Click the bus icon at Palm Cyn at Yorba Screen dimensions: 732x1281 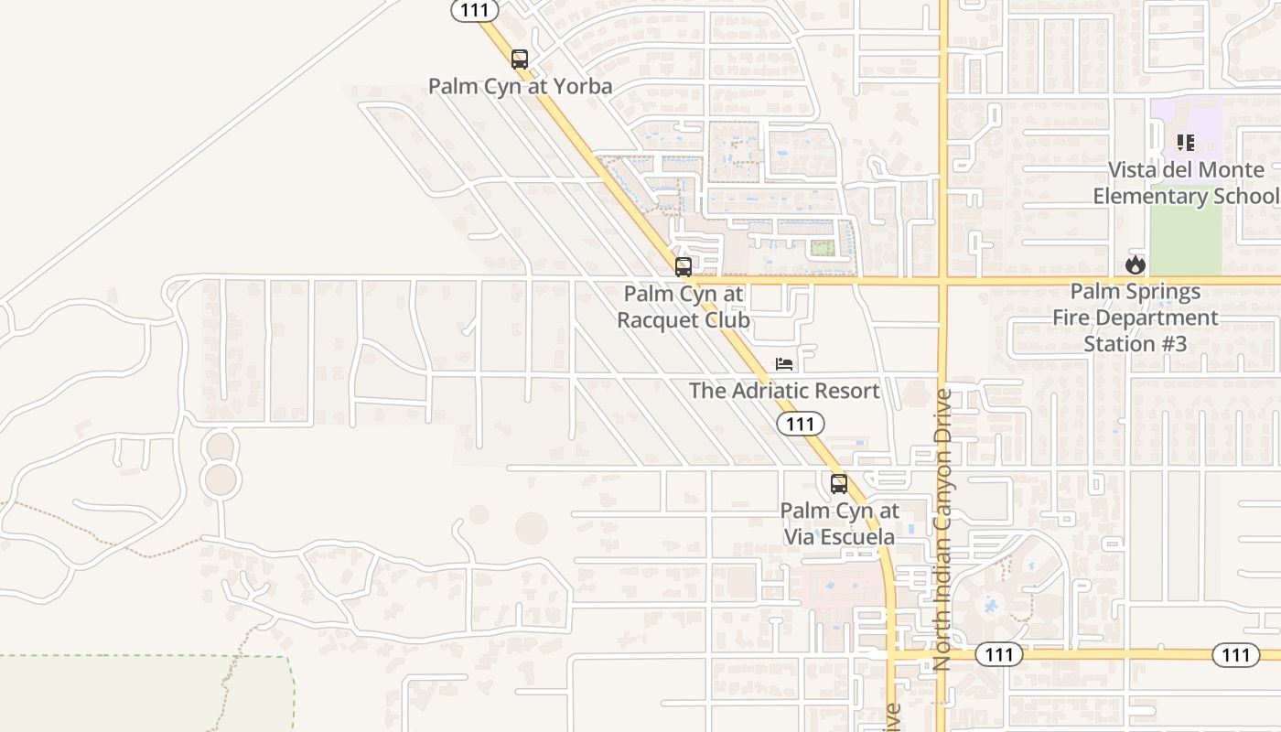point(520,59)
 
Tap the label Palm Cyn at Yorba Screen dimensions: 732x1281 point(520,87)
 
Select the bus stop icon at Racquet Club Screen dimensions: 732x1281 point(684,267)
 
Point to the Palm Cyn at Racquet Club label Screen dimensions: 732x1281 point(684,307)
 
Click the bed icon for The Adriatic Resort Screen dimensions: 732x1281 point(784,364)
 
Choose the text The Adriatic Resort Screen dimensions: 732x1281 point(784,391)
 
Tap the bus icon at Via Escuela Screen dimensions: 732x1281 point(838,484)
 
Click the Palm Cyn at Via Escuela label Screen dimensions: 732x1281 point(839,523)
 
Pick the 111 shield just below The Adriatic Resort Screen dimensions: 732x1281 point(801,424)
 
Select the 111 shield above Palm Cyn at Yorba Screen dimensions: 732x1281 point(475,10)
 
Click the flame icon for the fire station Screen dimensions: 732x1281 point(1136,265)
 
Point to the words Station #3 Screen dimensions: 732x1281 point(1135,344)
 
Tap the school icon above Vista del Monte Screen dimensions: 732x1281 point(1186,143)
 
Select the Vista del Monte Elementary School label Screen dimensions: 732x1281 point(1186,183)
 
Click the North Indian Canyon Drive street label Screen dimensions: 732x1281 point(942,531)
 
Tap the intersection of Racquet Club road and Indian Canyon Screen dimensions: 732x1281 point(942,281)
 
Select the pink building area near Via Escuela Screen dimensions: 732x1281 point(837,586)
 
